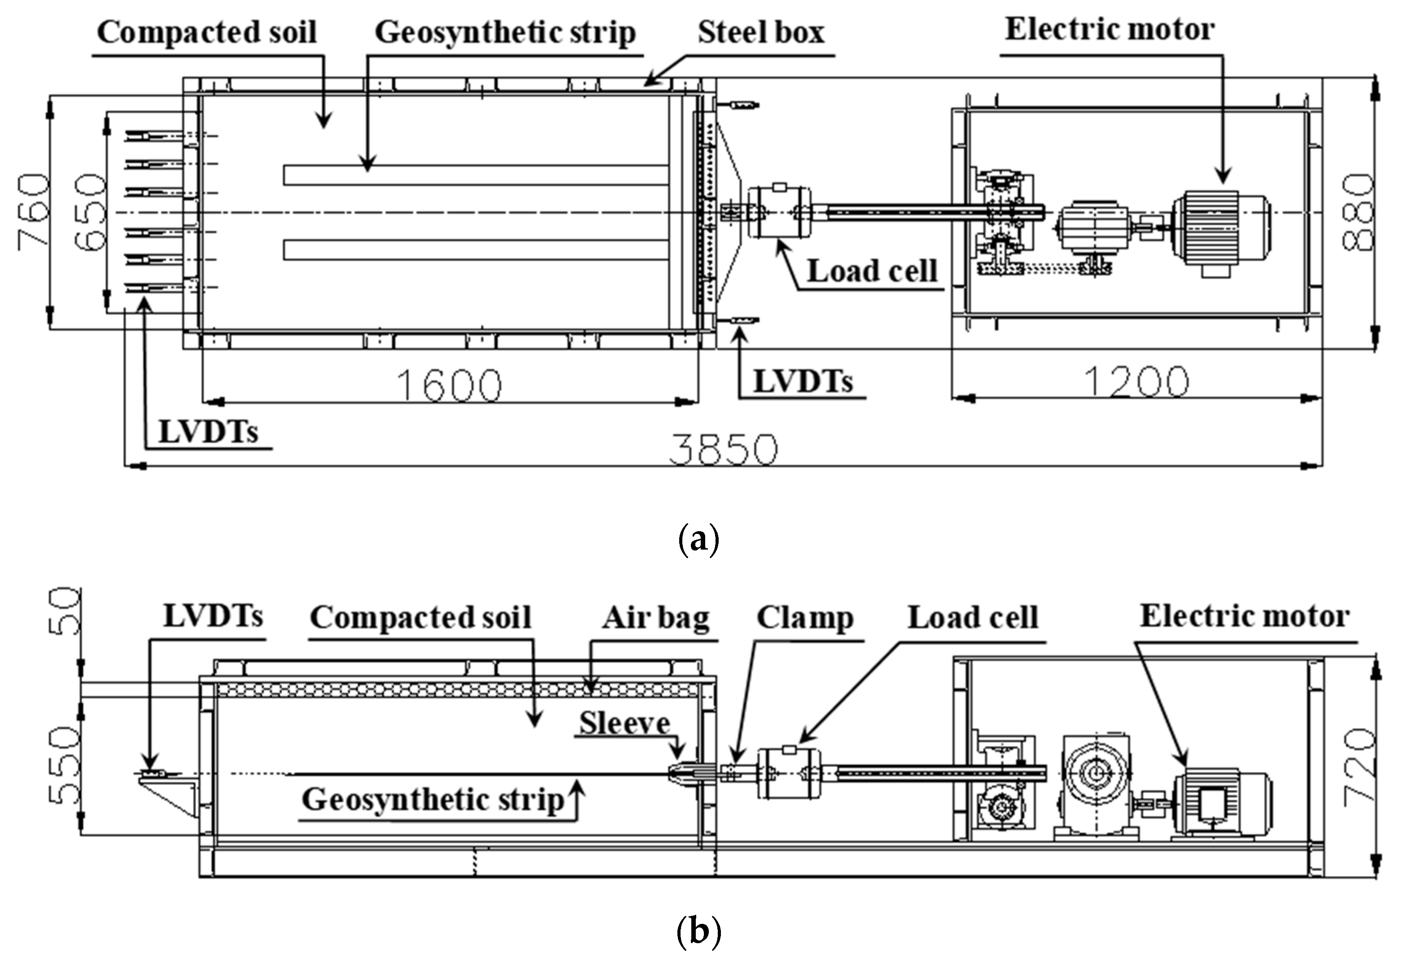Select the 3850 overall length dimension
(724, 450)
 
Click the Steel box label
(761, 33)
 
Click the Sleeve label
(625, 724)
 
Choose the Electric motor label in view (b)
(1245, 617)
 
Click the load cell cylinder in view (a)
(779, 212)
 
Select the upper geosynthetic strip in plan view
(476, 175)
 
